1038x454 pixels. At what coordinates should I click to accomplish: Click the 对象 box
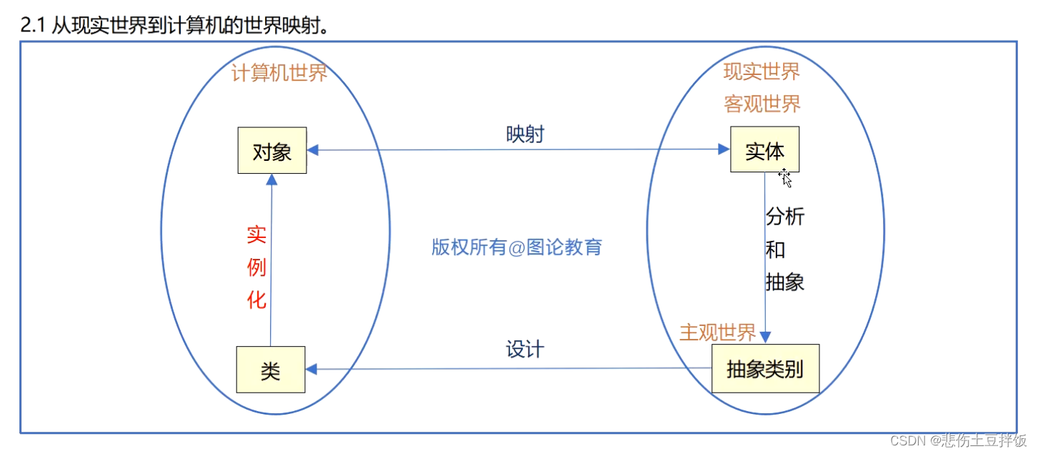pyautogui.click(x=271, y=150)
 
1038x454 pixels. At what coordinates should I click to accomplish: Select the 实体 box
pyautogui.click(x=764, y=149)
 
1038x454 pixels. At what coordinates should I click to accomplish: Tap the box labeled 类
pyautogui.click(x=271, y=370)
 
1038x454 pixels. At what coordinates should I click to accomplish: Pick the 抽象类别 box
pyautogui.click(x=765, y=369)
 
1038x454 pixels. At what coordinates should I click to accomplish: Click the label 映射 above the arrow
pyautogui.click(x=524, y=134)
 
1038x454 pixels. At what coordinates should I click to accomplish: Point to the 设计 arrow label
pyautogui.click(x=524, y=350)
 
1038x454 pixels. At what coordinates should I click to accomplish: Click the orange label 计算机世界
pyautogui.click(x=279, y=73)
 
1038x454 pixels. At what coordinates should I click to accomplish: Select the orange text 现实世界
pyautogui.click(x=762, y=71)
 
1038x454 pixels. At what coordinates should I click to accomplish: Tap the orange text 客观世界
pyautogui.click(x=762, y=104)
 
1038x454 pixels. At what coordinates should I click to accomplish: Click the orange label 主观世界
pyautogui.click(x=717, y=332)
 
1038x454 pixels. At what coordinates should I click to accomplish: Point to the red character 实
pyautogui.click(x=256, y=235)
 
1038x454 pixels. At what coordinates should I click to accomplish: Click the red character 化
pyautogui.click(x=256, y=300)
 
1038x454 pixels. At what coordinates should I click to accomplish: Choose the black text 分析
pyautogui.click(x=785, y=217)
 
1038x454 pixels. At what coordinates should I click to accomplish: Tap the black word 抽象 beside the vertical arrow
pyautogui.click(x=785, y=282)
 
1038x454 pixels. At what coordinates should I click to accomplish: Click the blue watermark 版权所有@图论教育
pyautogui.click(x=516, y=247)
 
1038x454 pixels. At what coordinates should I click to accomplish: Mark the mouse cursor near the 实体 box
pyautogui.click(x=785, y=177)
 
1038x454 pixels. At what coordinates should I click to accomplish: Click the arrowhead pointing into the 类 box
pyautogui.click(x=312, y=370)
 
